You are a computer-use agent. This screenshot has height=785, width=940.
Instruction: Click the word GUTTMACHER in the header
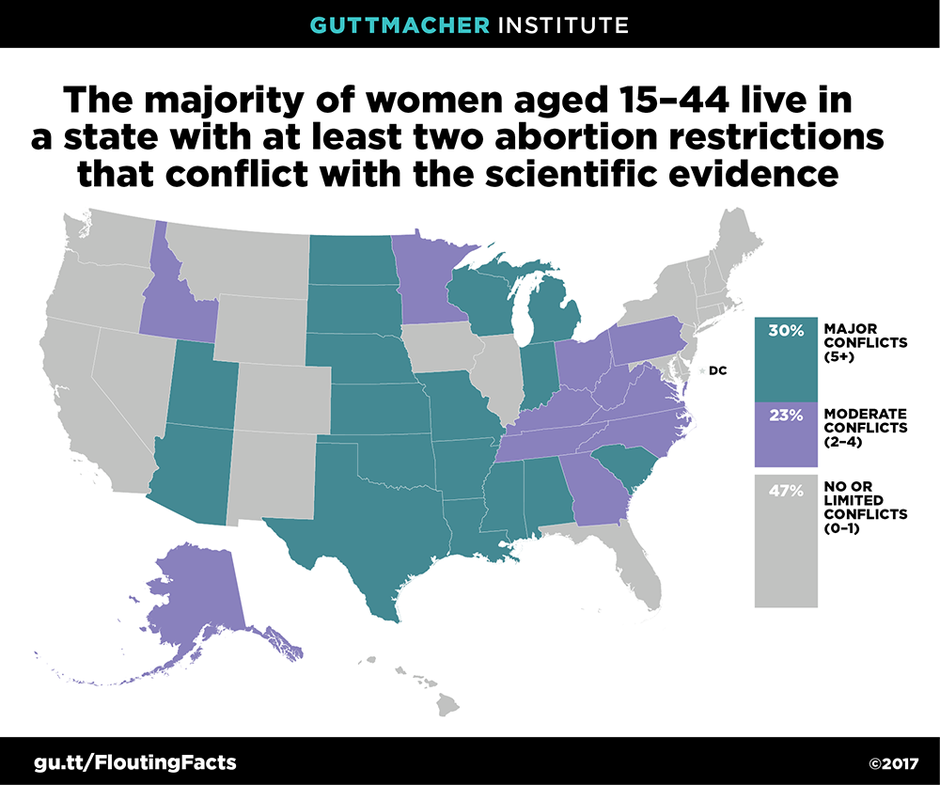pyautogui.click(x=399, y=25)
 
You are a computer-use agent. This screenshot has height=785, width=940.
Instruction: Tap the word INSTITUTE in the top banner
pyautogui.click(x=563, y=25)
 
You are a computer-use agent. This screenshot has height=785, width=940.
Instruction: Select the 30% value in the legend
pyautogui.click(x=786, y=330)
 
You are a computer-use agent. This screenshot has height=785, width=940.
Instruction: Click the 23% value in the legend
pyautogui.click(x=786, y=415)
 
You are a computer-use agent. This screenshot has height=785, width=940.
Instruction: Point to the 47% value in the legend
pyautogui.click(x=786, y=491)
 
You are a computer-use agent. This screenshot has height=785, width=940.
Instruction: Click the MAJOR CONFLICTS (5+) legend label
pyautogui.click(x=865, y=342)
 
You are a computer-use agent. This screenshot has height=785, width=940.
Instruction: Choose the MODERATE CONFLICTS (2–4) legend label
pyautogui.click(x=865, y=428)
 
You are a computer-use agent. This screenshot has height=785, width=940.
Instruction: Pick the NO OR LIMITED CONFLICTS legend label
pyautogui.click(x=865, y=507)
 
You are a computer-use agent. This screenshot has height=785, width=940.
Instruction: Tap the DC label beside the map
pyautogui.click(x=717, y=370)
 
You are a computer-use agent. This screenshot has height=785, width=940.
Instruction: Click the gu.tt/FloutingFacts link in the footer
pyautogui.click(x=135, y=762)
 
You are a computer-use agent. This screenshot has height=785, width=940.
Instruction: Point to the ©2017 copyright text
pyautogui.click(x=893, y=763)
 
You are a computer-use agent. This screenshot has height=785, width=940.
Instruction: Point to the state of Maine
pyautogui.click(x=737, y=240)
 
